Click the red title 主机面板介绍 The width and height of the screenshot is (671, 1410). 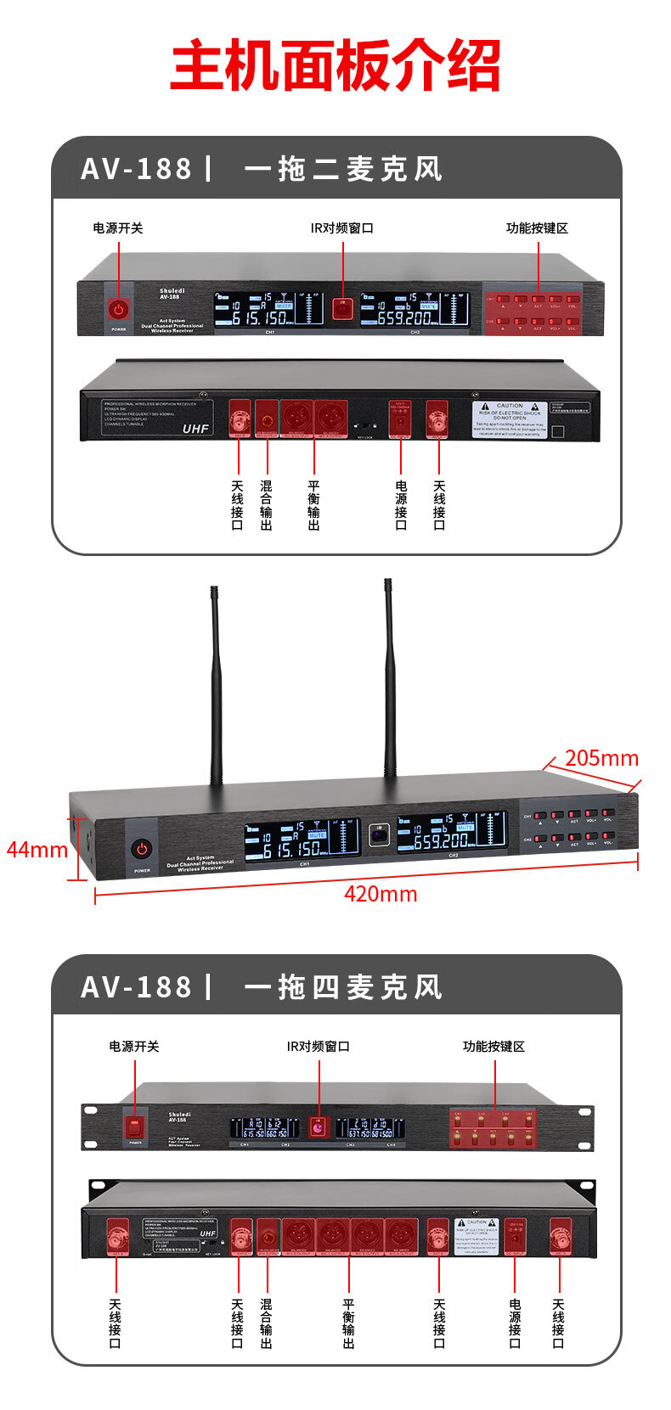tap(335, 66)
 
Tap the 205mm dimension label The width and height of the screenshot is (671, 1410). tap(601, 757)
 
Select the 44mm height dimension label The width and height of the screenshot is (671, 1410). tap(37, 849)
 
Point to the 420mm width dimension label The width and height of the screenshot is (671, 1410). tap(381, 894)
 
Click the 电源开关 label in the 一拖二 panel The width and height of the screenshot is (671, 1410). tap(118, 228)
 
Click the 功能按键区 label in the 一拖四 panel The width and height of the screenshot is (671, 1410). tap(493, 1047)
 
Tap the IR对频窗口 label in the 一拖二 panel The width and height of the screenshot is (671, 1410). tap(341, 228)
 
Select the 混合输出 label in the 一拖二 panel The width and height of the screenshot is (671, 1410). tap(267, 505)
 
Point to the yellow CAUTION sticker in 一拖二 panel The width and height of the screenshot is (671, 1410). tap(510, 419)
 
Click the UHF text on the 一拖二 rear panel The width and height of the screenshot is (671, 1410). tap(195, 429)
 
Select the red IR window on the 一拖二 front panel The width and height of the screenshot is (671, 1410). tap(342, 307)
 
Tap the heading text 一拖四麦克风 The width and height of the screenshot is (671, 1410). tap(343, 987)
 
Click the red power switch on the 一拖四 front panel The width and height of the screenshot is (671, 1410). tap(135, 1127)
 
